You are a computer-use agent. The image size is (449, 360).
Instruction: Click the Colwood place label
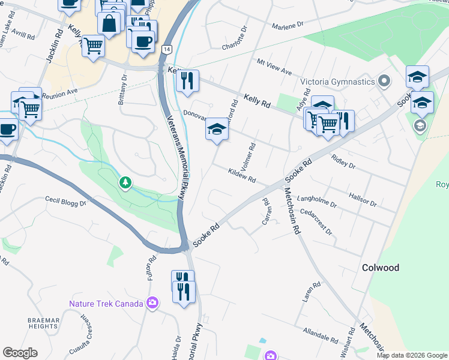point(381,268)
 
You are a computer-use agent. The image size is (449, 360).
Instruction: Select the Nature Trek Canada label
point(106,304)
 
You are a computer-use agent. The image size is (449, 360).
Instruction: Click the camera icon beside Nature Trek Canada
point(152,303)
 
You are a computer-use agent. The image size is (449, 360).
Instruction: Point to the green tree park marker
point(125,182)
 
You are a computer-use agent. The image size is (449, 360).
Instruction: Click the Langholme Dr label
point(318,200)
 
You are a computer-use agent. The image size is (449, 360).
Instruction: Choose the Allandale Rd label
point(321,335)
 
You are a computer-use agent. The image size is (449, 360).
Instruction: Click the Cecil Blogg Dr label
point(65,202)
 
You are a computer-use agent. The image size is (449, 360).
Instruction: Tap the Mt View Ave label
point(274,67)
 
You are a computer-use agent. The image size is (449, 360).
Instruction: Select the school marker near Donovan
point(217,130)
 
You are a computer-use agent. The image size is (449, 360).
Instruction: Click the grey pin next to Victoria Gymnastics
point(385,81)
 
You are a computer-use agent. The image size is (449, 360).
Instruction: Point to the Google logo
point(20,353)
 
